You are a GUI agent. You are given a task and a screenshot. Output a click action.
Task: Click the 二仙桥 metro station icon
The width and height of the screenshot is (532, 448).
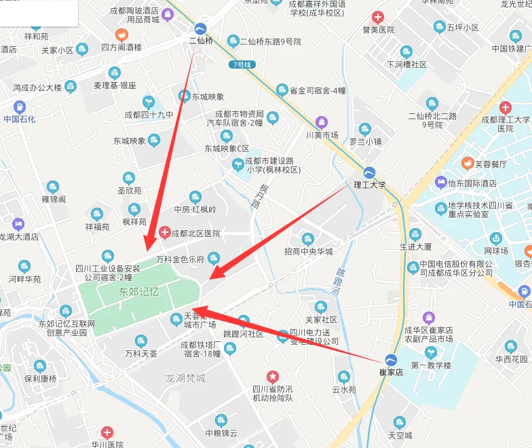201,29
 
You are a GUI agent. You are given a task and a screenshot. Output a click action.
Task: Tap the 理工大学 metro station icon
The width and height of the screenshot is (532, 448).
370,172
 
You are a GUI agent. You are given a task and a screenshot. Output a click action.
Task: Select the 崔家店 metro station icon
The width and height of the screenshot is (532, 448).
391,360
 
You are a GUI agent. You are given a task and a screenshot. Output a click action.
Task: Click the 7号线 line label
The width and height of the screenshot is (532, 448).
241,64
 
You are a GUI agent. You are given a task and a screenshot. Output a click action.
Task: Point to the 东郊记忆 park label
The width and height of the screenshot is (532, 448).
138,291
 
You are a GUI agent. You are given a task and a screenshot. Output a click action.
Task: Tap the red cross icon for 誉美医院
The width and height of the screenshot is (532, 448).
378,17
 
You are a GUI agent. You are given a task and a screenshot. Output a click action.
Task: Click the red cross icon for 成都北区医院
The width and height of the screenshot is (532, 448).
164,234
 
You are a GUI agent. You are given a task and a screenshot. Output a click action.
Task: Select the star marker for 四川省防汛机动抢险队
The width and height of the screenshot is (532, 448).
272,376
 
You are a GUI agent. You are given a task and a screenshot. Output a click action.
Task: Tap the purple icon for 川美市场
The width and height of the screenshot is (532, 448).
322,122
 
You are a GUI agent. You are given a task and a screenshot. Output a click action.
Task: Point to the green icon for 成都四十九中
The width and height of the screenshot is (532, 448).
148,102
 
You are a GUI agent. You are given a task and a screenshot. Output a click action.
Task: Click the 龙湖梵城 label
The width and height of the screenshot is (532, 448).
186,377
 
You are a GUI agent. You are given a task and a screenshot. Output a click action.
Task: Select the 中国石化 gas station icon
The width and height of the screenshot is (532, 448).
19,107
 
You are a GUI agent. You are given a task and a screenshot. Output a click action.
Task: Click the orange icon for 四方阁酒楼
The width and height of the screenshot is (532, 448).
121,35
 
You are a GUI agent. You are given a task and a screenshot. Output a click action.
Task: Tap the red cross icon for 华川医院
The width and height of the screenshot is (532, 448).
107,432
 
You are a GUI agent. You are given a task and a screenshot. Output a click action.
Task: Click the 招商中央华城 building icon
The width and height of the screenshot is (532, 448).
308,239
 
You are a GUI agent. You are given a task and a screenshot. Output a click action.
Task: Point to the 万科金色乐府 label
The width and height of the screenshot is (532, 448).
180,259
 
